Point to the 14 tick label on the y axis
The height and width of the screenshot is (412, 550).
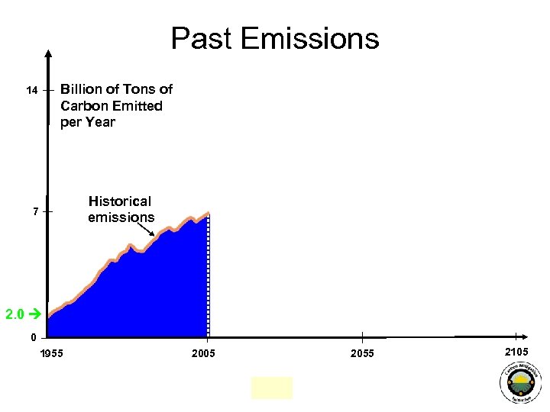pos(31,91)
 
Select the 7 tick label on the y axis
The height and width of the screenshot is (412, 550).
pos(35,211)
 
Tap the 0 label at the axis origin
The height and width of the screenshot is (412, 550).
pos(34,337)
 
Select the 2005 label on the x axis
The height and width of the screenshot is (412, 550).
pos(204,353)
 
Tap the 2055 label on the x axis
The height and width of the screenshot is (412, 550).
pos(362,353)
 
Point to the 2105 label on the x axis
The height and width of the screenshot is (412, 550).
pos(516,350)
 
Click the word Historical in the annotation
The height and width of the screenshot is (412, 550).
pos(120,201)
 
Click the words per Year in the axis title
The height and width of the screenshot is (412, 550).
pos(88,122)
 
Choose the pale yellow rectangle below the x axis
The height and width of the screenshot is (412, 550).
pos(271,388)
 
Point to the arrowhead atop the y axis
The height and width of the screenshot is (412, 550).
pos(48,53)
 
